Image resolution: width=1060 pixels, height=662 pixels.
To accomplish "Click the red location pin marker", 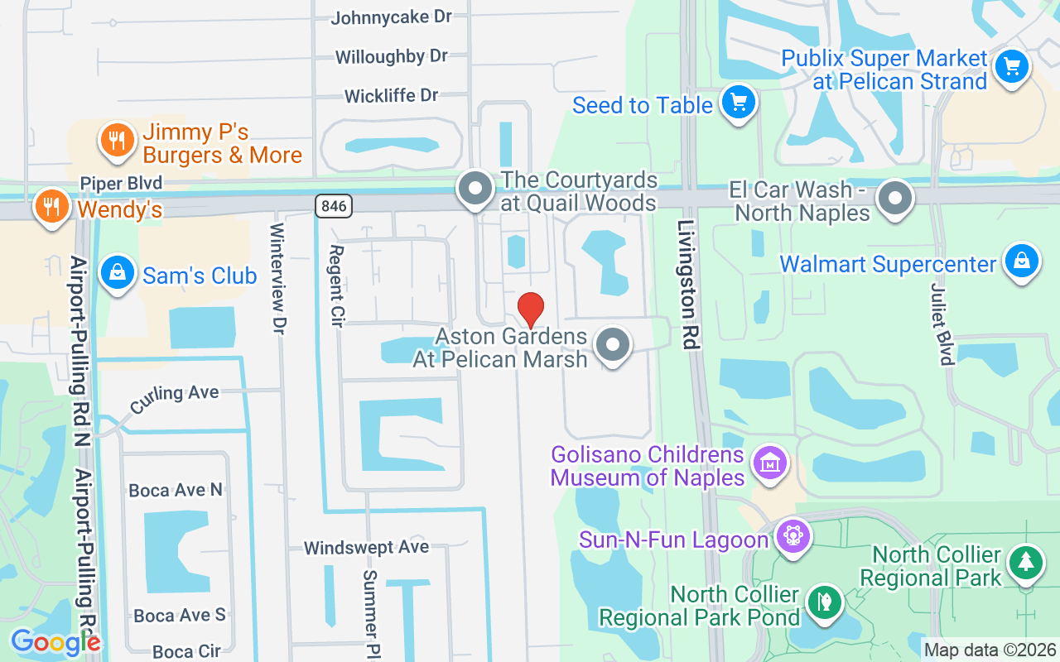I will (x=531, y=309).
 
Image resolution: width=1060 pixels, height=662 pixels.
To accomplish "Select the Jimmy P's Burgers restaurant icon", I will (x=118, y=140).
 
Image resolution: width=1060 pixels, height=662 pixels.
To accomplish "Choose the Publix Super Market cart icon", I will (x=1011, y=66).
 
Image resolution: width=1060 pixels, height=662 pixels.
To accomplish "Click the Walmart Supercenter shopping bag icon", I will (x=1021, y=261).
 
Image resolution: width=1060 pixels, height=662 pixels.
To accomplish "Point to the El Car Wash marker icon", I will (x=894, y=198).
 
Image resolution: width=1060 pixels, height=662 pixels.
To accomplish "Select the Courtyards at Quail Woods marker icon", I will (x=475, y=189).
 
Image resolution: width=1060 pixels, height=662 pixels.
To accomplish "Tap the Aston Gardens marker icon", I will (x=613, y=345).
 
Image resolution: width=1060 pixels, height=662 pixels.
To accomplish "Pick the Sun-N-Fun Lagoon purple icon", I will (x=793, y=537).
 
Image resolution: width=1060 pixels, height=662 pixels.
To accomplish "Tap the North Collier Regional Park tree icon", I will (x=1025, y=563).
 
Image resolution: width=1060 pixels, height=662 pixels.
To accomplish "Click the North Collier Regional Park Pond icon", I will (x=823, y=601).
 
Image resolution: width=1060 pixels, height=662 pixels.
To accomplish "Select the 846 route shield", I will (x=333, y=205).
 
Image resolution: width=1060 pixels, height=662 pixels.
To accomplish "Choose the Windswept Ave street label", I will (x=366, y=547).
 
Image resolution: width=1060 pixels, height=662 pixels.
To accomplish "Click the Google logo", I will (x=55, y=642).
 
